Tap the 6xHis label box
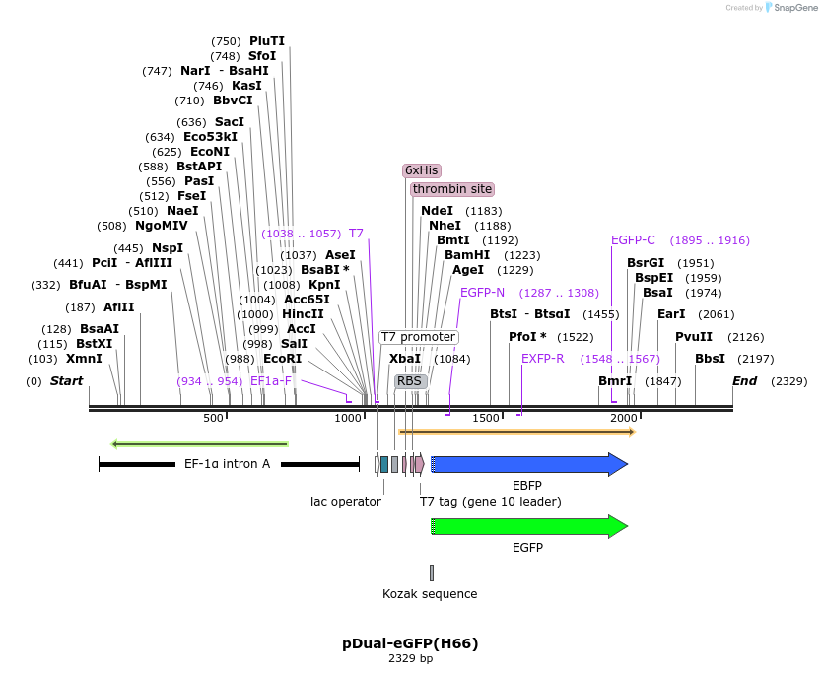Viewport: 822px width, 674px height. point(421,170)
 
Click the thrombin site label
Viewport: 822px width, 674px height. point(452,189)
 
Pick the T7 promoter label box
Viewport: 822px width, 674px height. point(418,337)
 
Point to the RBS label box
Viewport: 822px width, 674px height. point(409,381)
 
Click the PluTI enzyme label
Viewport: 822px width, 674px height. point(267,41)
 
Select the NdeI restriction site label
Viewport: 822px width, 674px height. point(437,211)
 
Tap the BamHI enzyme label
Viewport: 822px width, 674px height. point(467,255)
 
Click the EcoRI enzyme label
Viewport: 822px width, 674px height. point(283,359)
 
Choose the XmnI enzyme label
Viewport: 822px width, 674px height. point(84,359)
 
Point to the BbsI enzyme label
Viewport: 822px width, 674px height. point(710,359)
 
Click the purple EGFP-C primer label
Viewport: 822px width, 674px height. point(633,240)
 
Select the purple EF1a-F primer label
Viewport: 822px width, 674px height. point(271,381)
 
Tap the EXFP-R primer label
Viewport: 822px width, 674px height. point(543,359)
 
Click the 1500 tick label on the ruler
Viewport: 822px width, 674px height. point(487,419)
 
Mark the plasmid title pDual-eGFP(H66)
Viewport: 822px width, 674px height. point(410,643)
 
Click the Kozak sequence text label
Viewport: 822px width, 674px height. point(430,594)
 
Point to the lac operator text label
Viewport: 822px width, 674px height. point(346,502)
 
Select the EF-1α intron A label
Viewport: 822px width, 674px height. point(227,464)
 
